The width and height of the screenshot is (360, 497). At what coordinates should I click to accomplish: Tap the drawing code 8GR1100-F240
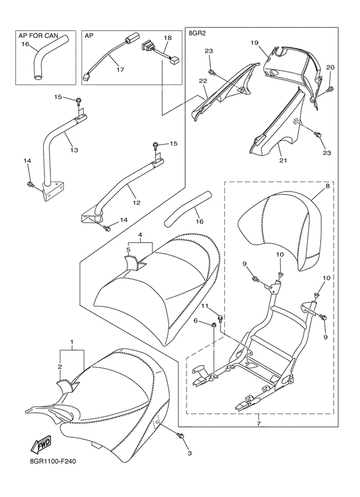click(x=51, y=461)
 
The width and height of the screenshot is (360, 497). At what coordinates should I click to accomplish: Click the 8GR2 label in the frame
click(x=197, y=33)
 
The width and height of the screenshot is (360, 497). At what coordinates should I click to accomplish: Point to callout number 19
click(x=255, y=42)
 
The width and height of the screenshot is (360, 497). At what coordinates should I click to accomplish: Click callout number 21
click(x=283, y=160)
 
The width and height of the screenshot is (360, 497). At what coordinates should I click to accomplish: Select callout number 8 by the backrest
click(x=328, y=185)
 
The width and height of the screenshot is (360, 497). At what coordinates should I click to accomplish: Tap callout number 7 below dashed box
click(x=258, y=424)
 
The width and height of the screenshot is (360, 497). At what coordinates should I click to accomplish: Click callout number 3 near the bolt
click(x=190, y=453)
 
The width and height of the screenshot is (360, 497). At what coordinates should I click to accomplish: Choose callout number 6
click(x=196, y=321)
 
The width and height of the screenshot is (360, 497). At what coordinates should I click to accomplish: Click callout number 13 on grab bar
click(x=74, y=150)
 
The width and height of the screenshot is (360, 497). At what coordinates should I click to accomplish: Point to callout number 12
click(x=136, y=203)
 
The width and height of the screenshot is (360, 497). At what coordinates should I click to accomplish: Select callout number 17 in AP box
click(x=120, y=70)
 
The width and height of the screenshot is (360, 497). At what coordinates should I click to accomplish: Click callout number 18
click(x=168, y=38)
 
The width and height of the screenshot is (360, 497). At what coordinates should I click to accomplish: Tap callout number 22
click(x=203, y=81)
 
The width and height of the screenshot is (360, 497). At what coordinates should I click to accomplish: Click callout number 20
click(x=330, y=68)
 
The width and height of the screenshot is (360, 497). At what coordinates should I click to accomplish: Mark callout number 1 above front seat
click(x=72, y=342)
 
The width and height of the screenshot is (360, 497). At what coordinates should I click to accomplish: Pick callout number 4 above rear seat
click(x=139, y=235)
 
